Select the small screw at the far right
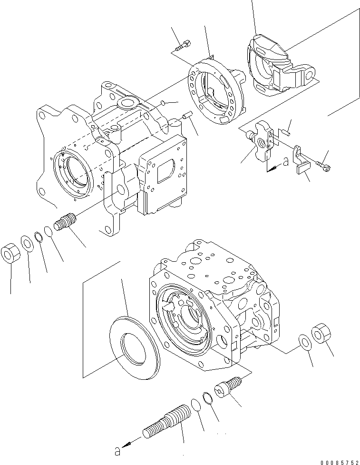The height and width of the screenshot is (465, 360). pyautogui.click(x=325, y=166)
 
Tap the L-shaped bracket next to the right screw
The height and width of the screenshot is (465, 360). pyautogui.click(x=301, y=162)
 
